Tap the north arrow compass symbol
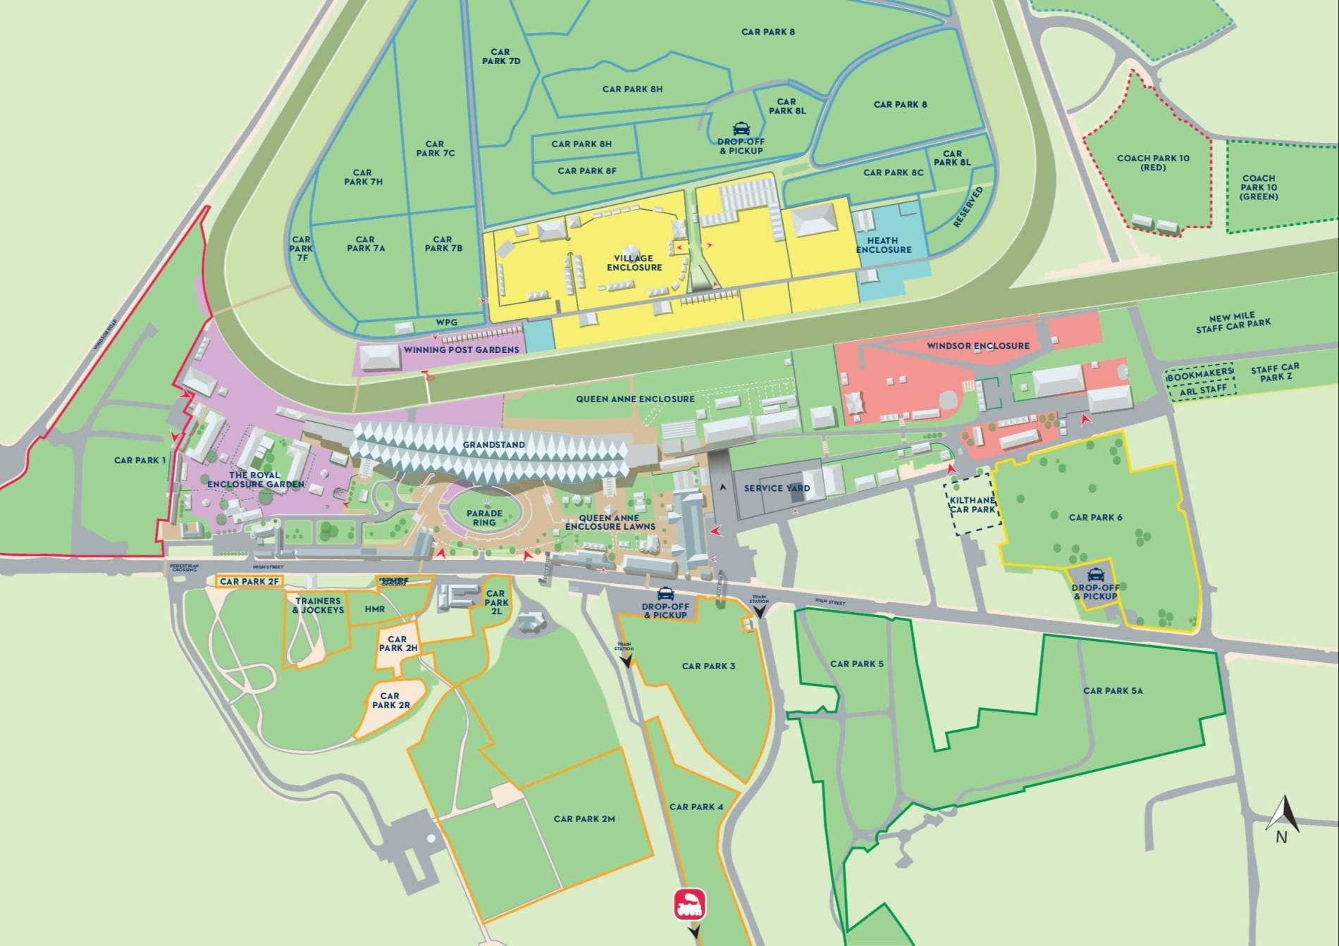1283,817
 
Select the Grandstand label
493,445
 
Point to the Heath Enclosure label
884,245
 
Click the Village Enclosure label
634,263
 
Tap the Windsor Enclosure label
977,346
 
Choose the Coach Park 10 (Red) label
1153,163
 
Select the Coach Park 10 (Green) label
1259,187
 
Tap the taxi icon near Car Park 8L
741,128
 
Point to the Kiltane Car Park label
973,504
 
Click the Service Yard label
777,488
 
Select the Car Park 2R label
390,700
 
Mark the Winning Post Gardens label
461,349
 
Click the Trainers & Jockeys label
319,605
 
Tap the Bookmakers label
1199,373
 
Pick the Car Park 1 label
140,460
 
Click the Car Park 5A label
1113,690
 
